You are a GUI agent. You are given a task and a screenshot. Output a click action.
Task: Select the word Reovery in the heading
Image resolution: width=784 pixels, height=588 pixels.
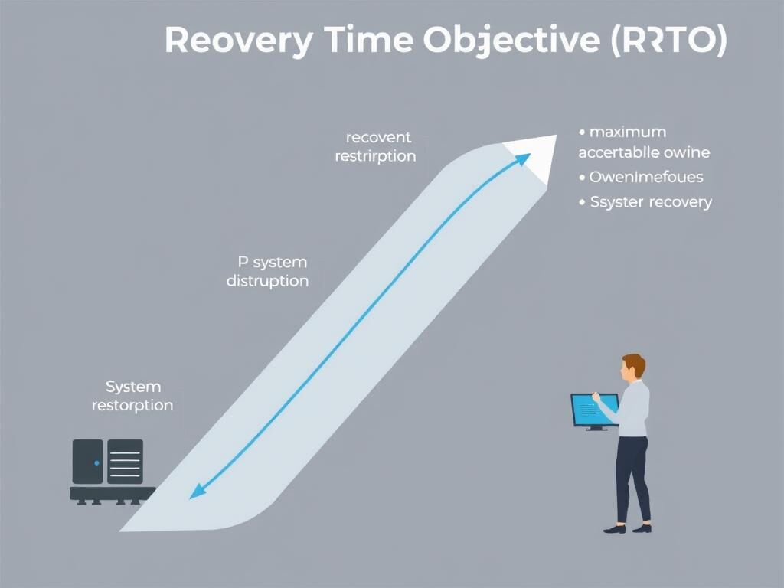[237, 40]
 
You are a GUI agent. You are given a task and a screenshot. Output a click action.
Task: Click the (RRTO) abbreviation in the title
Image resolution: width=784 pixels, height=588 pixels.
[668, 41]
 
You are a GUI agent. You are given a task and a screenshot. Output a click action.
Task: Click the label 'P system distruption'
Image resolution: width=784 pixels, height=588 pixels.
[268, 271]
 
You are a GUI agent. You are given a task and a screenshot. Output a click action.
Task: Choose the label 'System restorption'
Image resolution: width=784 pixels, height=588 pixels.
[132, 396]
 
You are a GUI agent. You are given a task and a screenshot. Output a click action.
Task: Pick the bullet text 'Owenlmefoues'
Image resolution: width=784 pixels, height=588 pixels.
[645, 178]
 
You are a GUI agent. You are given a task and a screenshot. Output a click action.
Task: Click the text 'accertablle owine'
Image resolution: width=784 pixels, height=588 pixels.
[644, 152]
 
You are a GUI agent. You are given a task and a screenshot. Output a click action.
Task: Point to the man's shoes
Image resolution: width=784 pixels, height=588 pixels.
[627, 528]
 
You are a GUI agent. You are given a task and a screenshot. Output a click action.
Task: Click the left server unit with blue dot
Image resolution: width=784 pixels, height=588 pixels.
[87, 461]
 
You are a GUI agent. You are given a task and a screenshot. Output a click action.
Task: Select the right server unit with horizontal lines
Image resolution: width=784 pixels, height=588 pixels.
[125, 461]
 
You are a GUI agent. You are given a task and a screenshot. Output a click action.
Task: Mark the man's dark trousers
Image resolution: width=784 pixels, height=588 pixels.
[632, 479]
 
